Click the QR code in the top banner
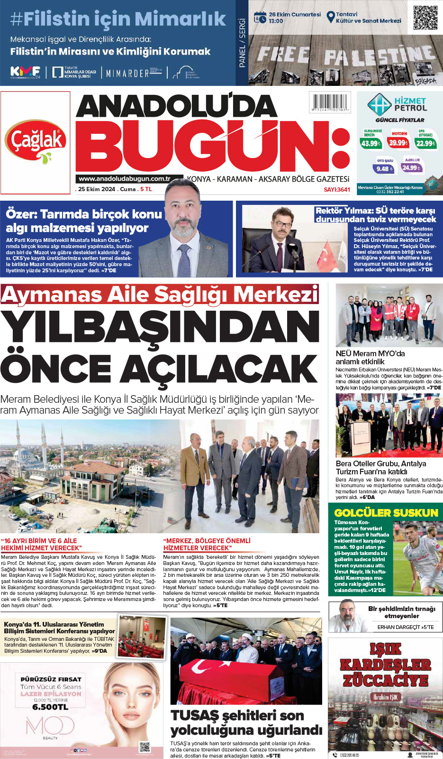425,18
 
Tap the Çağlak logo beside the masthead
36,141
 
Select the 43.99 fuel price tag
371,143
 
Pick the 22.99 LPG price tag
425,143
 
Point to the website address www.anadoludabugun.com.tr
124,179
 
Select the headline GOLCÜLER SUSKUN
386,513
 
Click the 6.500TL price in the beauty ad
50,707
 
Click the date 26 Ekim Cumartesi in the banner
295,15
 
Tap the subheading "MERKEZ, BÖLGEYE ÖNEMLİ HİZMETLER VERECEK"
207,544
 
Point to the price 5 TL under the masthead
146,189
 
